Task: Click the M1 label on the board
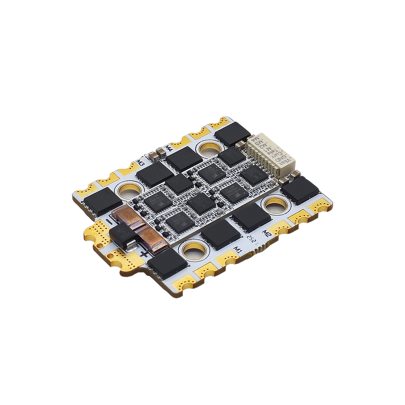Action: (x=237, y=248)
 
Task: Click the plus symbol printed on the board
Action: (x=143, y=256)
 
